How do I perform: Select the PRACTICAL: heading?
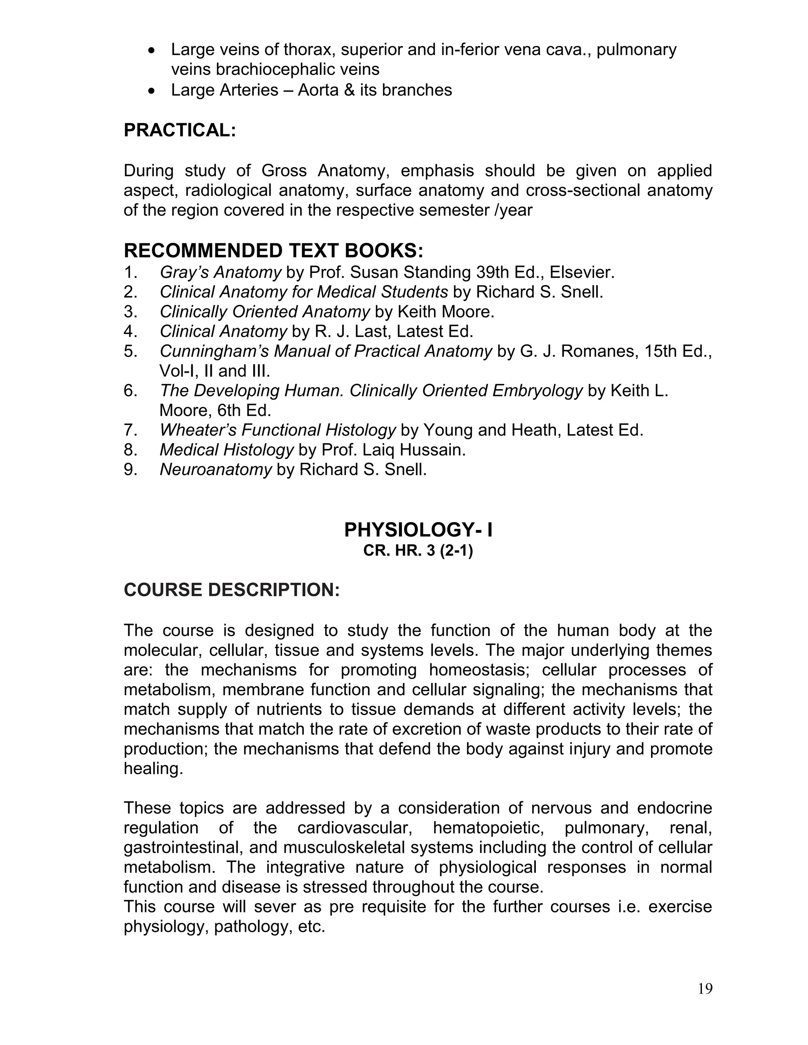[x=180, y=130]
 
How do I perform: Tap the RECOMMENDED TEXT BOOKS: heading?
[x=273, y=251]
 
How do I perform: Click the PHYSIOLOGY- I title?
[x=418, y=530]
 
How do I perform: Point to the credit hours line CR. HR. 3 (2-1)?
[x=418, y=551]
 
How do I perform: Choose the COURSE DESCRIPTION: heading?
[x=232, y=590]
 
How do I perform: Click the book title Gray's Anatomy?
[x=220, y=272]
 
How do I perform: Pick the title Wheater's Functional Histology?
[x=278, y=430]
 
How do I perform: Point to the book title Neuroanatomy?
[x=215, y=469]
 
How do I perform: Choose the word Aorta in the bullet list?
[x=318, y=90]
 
